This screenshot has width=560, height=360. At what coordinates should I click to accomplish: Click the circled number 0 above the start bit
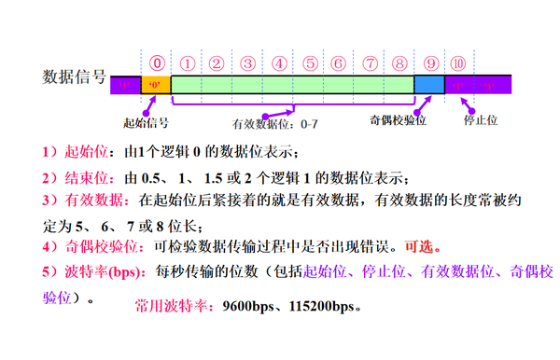[157, 63]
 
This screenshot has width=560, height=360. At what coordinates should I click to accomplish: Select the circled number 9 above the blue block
[429, 63]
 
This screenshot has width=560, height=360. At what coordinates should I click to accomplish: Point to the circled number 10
[458, 63]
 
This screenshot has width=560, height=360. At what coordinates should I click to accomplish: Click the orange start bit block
[155, 85]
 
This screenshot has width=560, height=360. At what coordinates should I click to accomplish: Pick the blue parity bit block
[429, 85]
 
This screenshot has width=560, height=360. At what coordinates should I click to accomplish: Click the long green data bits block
[292, 85]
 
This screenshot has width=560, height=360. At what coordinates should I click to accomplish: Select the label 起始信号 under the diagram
[146, 122]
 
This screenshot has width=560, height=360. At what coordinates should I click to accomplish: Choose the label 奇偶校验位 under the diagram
[399, 121]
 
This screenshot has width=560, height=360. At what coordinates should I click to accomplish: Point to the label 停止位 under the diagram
[483, 121]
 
